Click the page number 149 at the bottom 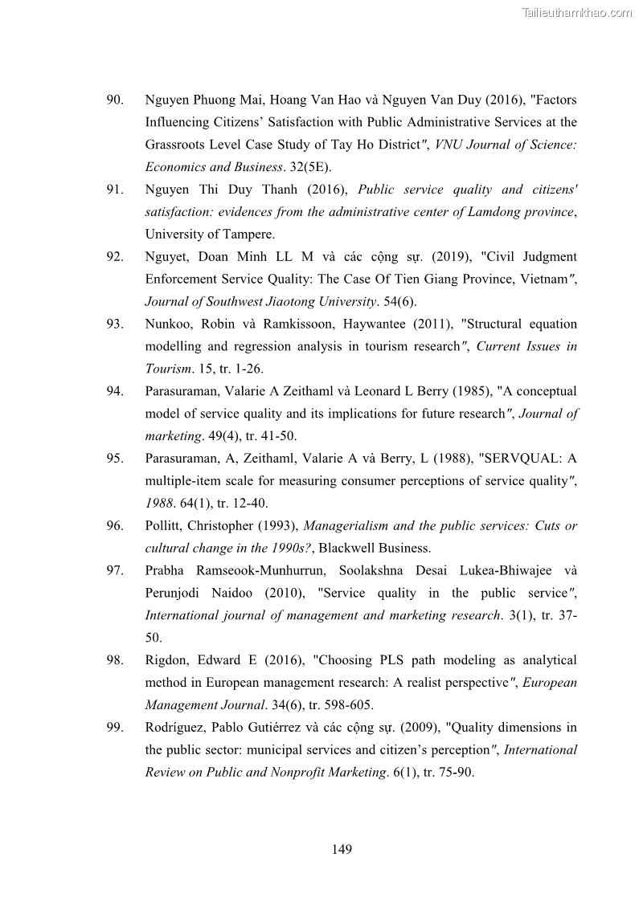pyautogui.click(x=342, y=849)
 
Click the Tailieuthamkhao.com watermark pyautogui.click(x=576, y=12)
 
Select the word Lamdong pyautogui.click(x=497, y=212)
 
